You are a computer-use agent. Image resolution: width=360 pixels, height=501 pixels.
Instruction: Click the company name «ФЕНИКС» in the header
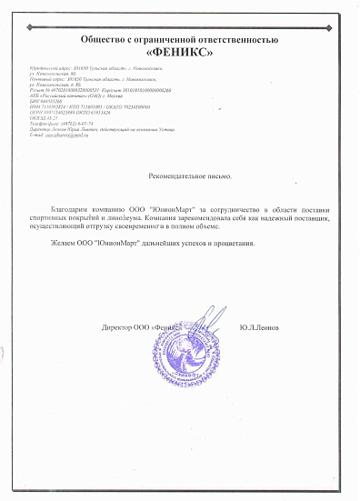[x=180, y=52]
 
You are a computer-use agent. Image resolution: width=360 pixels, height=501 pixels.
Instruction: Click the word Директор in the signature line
[x=118, y=326]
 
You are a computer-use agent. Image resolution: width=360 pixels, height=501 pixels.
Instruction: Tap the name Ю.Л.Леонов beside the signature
[x=260, y=326]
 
